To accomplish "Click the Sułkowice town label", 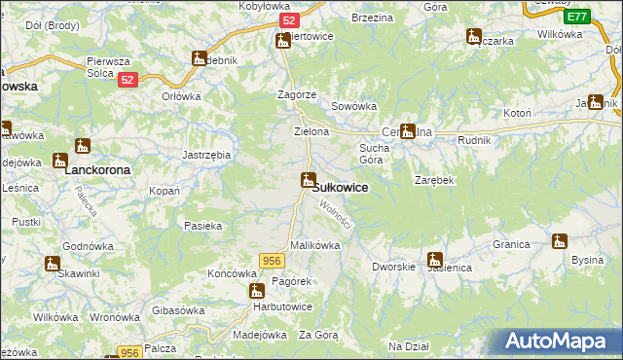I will tap(340, 188).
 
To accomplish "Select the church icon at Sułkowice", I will tap(309, 180).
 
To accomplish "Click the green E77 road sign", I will tap(576, 17).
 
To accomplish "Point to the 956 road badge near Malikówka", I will tap(272, 259).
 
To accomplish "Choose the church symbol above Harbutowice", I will tap(257, 290).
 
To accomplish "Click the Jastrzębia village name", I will tap(206, 155).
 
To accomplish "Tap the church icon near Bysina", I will tap(560, 241).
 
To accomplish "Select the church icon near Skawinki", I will tap(52, 263).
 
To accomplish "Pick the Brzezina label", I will tap(371, 18).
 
